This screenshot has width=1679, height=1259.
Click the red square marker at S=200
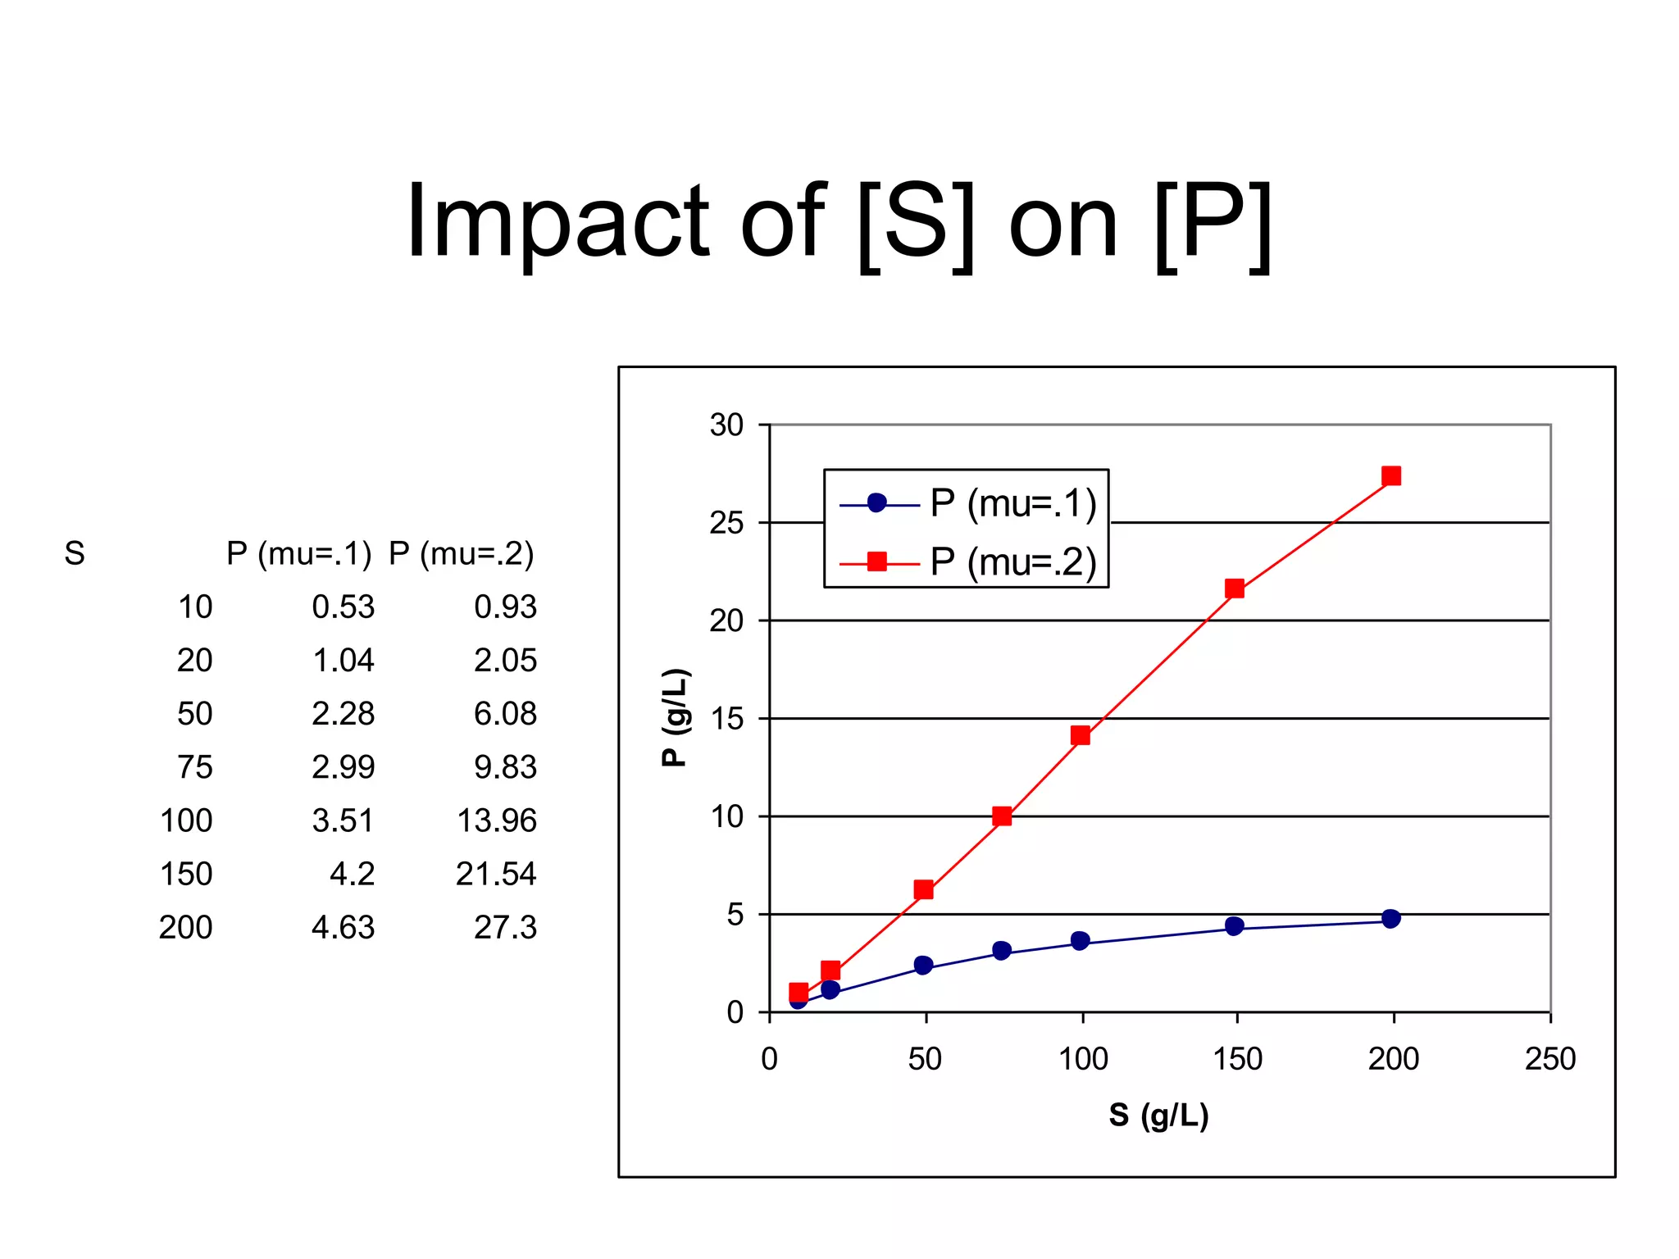click(x=1390, y=476)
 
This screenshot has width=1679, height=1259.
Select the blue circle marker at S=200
click(x=1390, y=918)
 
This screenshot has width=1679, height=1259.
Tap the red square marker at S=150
click(x=1235, y=589)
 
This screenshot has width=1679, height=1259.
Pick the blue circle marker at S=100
click(x=1080, y=940)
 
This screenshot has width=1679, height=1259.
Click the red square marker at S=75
click(x=1002, y=816)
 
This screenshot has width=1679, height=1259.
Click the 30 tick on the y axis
click(x=726, y=425)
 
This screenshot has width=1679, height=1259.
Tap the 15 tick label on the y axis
click(x=726, y=719)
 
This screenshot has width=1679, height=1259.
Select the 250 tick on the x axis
click(x=1549, y=1058)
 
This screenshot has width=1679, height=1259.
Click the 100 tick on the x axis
click(x=1083, y=1058)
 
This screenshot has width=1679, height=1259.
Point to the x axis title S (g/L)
click(x=1158, y=1115)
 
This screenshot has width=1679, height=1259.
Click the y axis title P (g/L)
click(x=676, y=718)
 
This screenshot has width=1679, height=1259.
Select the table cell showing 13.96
click(x=497, y=820)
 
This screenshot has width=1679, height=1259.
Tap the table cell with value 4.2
click(x=352, y=874)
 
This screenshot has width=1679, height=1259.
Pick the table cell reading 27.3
click(x=505, y=927)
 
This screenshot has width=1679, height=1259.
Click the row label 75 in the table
click(x=194, y=767)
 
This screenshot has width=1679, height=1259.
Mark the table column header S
click(x=75, y=553)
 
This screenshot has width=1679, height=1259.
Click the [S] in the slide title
click(x=916, y=223)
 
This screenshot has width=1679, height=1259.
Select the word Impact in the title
click(x=557, y=223)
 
